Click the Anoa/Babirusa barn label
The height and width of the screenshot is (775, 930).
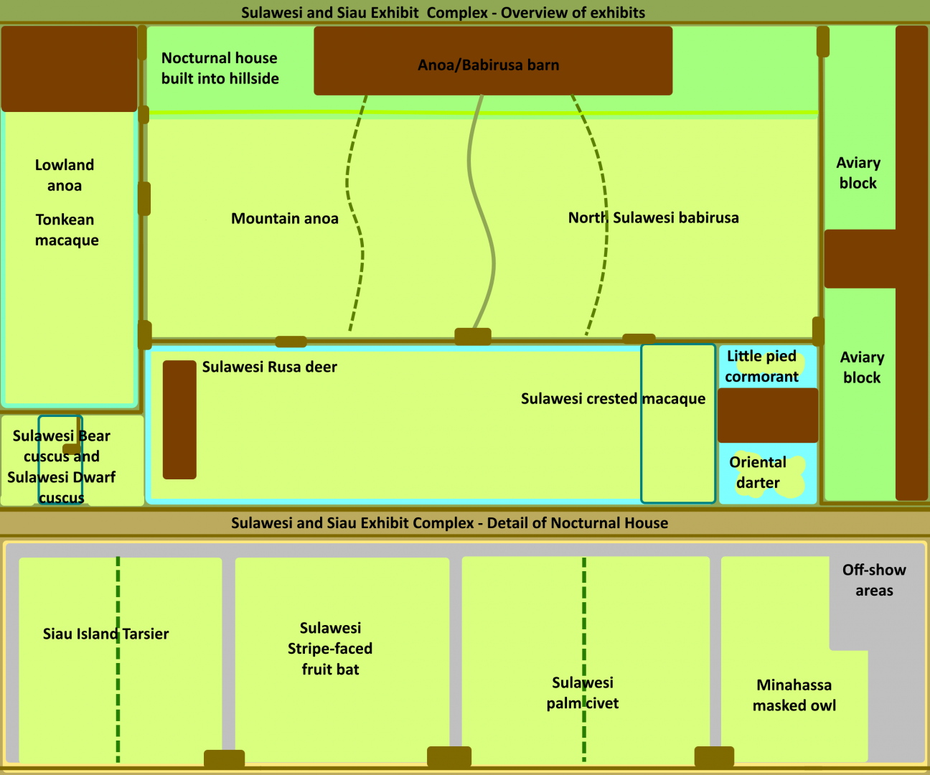pyautogui.click(x=488, y=65)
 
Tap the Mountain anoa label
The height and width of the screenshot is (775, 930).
pyautogui.click(x=284, y=219)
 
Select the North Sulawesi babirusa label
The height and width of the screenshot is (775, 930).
pyautogui.click(x=653, y=218)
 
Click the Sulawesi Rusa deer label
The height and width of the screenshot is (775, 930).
pyautogui.click(x=269, y=367)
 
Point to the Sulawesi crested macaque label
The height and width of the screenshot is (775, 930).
pyautogui.click(x=613, y=399)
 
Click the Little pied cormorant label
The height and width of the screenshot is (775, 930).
pyautogui.click(x=761, y=367)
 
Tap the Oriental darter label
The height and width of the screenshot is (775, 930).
pyautogui.click(x=758, y=473)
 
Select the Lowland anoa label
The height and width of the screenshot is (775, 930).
pyautogui.click(x=65, y=175)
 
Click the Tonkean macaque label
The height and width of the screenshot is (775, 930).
pyautogui.click(x=66, y=230)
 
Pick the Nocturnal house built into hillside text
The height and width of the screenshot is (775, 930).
pyautogui.click(x=220, y=68)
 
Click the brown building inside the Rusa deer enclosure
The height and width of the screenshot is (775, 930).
pyautogui.click(x=179, y=420)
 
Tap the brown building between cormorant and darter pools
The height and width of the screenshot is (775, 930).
pyautogui.click(x=768, y=415)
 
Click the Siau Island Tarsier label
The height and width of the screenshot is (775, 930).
pyautogui.click(x=105, y=634)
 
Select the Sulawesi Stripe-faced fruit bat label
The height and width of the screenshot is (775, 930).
pyautogui.click(x=330, y=649)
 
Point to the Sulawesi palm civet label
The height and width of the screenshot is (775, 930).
pyautogui.click(x=582, y=693)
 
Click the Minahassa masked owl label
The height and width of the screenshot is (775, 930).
pyautogui.click(x=794, y=695)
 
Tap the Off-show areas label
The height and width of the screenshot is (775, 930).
pyautogui.click(x=874, y=581)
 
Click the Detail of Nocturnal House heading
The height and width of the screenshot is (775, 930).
pyautogui.click(x=449, y=523)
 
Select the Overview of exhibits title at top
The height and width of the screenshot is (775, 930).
pyautogui.click(x=443, y=13)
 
